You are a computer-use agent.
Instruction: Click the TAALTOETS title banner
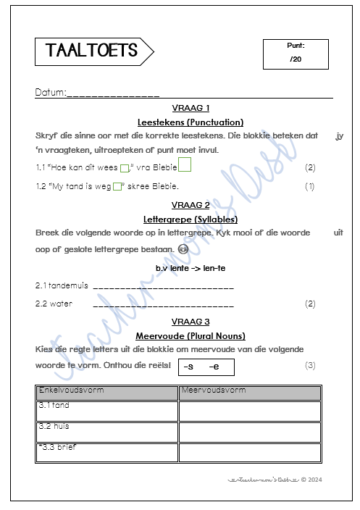[93, 50]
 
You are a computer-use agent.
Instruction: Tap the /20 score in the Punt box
[295, 59]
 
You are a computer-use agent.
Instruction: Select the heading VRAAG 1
[191, 107]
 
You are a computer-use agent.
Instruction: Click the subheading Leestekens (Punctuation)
[191, 122]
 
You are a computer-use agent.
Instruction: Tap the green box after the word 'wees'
[124, 169]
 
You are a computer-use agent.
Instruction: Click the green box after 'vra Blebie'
[185, 166]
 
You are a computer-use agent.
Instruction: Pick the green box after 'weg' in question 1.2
[117, 187]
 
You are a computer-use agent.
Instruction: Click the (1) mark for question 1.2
[310, 186]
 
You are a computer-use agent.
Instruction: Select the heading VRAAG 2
[191, 204]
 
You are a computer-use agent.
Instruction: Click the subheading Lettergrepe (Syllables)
[191, 219]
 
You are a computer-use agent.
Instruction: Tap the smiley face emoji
[183, 249]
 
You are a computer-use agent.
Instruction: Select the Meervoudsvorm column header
[249, 392]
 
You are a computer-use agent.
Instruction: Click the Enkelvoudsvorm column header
[106, 392]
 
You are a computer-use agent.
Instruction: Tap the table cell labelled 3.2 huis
[106, 432]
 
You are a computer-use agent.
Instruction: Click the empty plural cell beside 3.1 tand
[249, 411]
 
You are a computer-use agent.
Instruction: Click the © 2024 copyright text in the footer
[311, 479]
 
